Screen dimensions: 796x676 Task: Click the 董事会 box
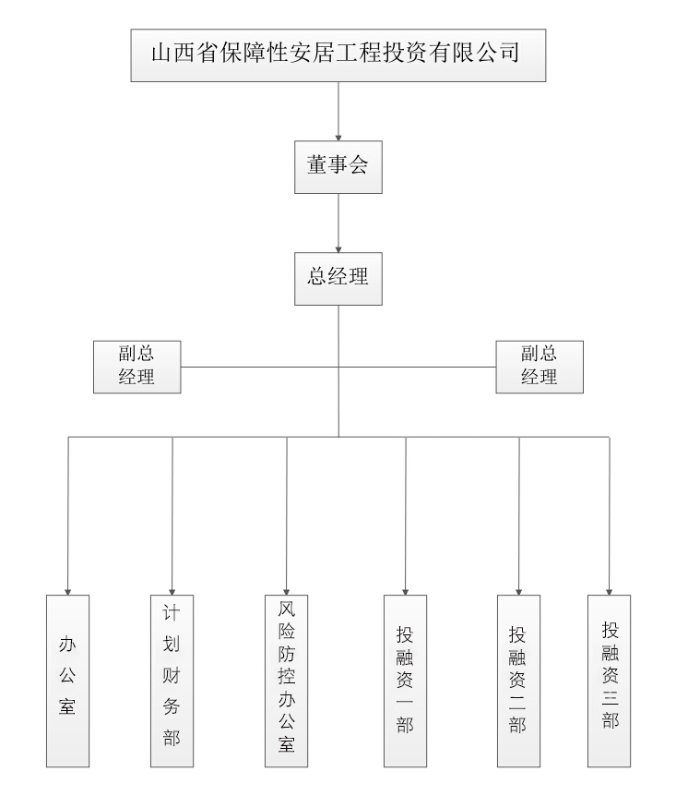338,167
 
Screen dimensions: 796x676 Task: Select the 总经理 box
338,278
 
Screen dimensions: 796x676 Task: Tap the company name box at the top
338,54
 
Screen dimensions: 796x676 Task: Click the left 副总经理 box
136,366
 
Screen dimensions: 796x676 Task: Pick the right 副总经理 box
540,366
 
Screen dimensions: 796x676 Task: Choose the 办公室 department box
67,681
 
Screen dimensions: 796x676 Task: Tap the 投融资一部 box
406,681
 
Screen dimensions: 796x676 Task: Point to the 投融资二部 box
518,681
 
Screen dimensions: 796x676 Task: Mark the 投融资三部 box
610,681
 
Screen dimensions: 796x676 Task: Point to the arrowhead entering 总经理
338,247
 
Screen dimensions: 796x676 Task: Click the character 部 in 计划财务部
172,738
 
